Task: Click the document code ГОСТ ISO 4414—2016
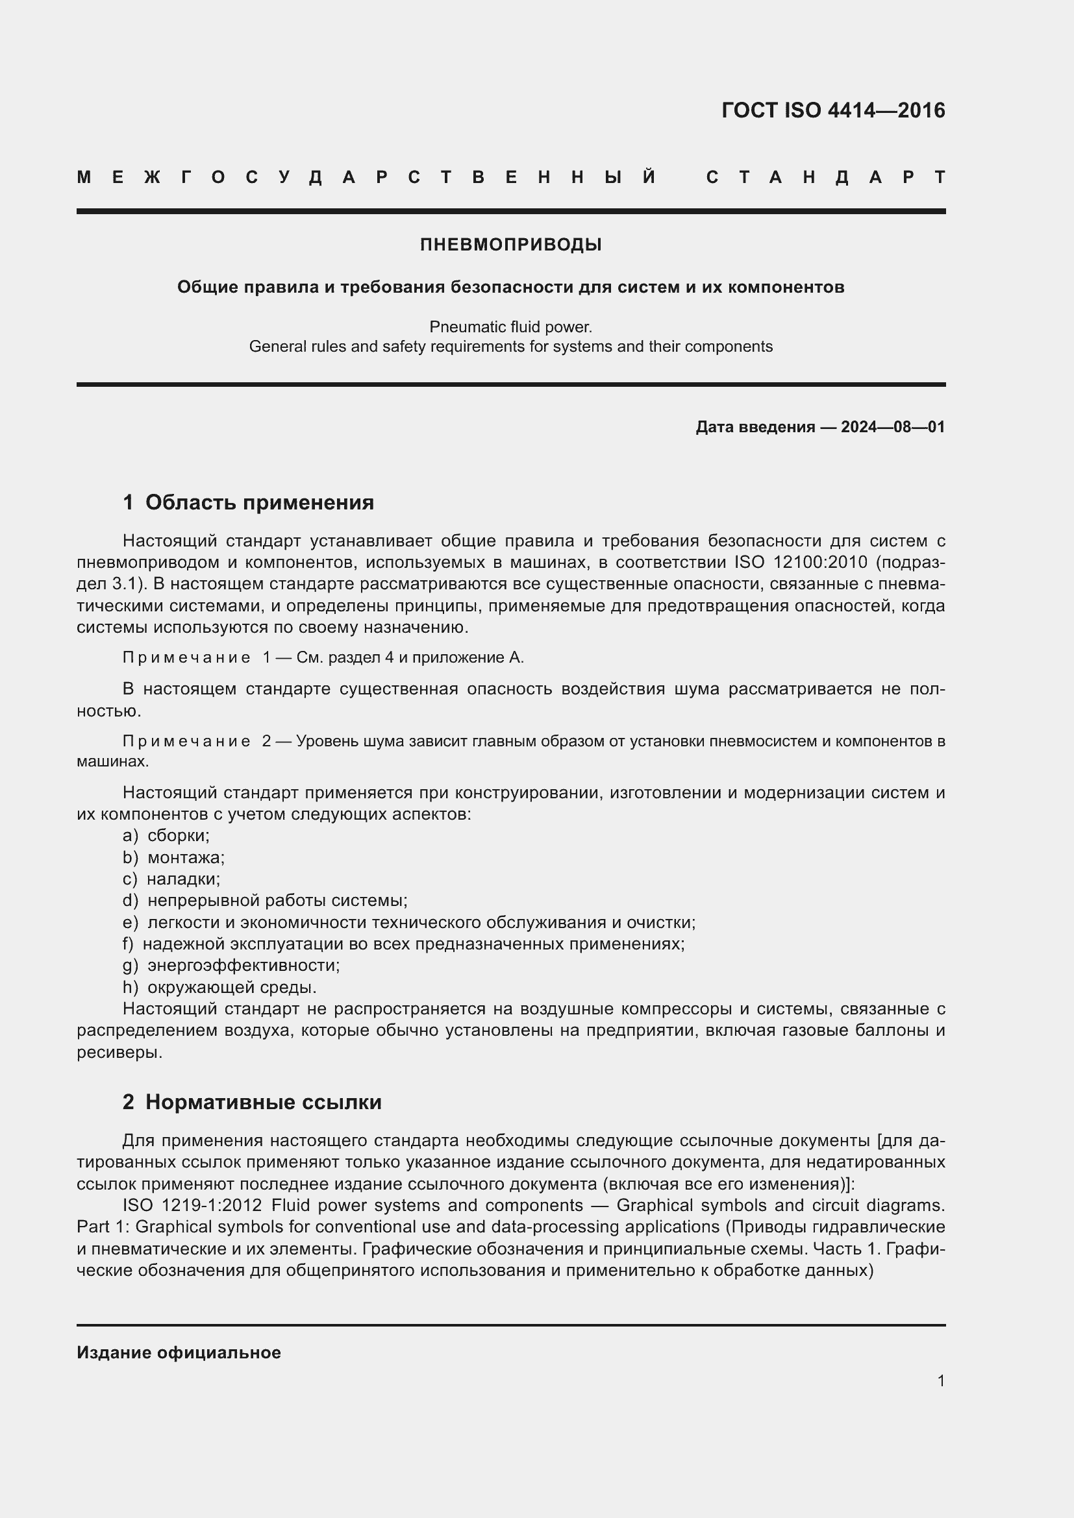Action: (832, 110)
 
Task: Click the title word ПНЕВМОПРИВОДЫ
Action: (510, 245)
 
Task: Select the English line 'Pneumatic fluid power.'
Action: (510, 327)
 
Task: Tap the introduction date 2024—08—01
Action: (892, 427)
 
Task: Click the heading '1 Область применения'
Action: (249, 502)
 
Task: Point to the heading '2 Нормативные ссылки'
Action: (252, 1102)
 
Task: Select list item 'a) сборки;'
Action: (166, 836)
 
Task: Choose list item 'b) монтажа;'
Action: (174, 857)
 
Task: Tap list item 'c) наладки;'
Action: (171, 879)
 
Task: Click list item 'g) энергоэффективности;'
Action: (231, 966)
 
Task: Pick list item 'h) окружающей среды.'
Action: (219, 988)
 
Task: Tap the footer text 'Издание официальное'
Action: (179, 1353)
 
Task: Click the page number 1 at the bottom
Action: (940, 1380)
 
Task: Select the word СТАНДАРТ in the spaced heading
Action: (826, 178)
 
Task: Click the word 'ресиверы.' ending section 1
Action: (119, 1053)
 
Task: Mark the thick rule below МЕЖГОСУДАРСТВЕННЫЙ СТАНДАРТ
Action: (510, 212)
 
